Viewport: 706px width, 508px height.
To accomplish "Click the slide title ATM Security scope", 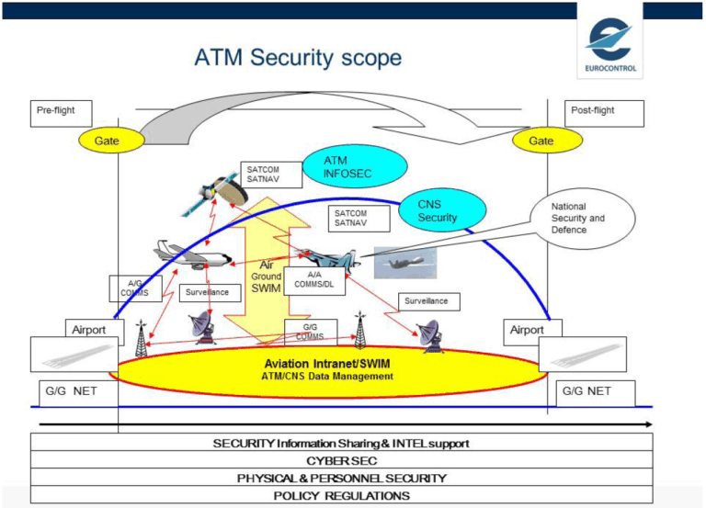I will pos(298,58).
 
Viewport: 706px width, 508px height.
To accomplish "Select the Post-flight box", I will pos(604,113).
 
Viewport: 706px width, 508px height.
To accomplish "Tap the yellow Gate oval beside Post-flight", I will pos(541,141).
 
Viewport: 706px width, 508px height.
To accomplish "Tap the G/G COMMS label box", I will pos(310,330).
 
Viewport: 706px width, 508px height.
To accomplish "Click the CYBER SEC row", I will pos(342,460).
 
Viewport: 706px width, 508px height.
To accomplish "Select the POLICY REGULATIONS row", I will pos(342,495).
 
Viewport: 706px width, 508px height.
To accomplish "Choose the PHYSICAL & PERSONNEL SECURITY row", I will pos(342,478).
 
